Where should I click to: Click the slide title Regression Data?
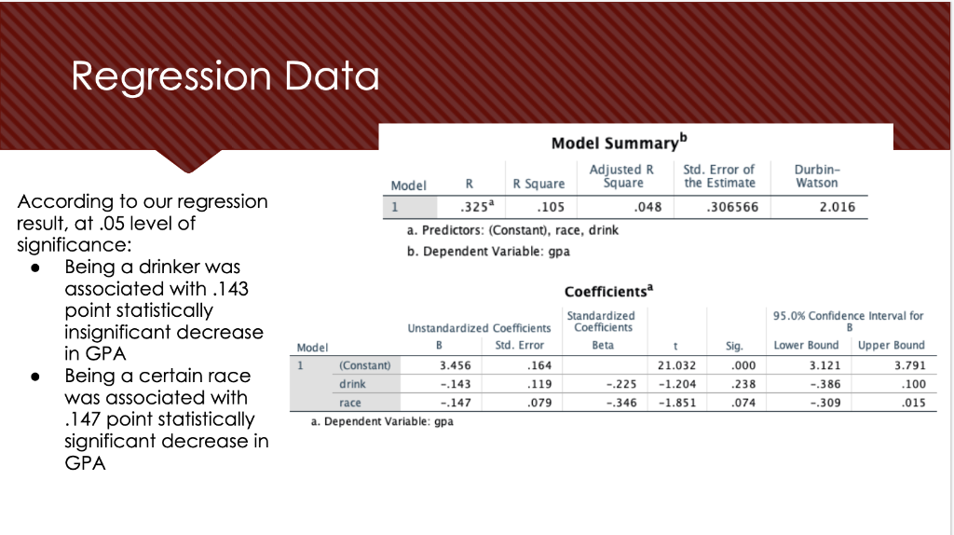[225, 76]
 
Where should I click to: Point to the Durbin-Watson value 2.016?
[837, 207]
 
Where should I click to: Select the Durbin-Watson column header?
[817, 176]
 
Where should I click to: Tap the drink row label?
[352, 383]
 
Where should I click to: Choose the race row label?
[350, 403]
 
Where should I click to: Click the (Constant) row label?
[365, 364]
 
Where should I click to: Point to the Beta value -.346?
[620, 403]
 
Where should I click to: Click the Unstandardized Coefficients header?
[479, 328]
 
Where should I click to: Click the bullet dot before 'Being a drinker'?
[36, 267]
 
